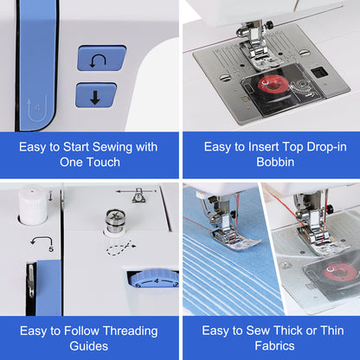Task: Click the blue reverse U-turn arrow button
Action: coord(101,58)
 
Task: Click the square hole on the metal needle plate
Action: coord(318,72)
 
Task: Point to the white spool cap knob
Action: coord(32,205)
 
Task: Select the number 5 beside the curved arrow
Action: coord(51,249)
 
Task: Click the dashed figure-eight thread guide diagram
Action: coord(121,247)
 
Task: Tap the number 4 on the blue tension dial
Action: coord(157,280)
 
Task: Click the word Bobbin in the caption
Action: coord(275,162)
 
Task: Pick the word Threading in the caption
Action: coord(130,331)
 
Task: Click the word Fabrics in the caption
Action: coord(274,345)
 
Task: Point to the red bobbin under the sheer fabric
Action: coord(340,272)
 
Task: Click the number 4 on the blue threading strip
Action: coord(37,108)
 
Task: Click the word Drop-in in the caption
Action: coord(326,147)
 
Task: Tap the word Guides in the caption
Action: coord(89,346)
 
